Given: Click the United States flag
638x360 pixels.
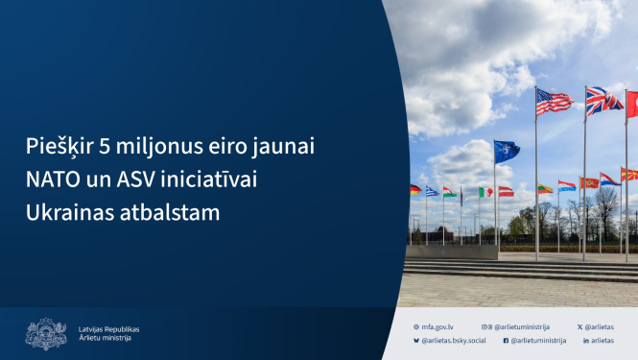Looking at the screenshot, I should [x=554, y=101].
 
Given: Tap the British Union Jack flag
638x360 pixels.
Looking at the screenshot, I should [x=603, y=100].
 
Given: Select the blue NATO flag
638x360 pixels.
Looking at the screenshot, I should [x=506, y=151].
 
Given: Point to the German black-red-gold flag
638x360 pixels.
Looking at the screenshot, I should [x=415, y=190].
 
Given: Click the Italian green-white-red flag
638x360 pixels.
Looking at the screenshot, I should [x=485, y=192].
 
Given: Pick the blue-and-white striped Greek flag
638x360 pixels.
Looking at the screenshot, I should [x=433, y=191].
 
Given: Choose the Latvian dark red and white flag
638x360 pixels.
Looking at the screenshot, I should [x=506, y=191].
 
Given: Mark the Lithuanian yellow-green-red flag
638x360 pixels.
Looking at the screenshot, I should [x=544, y=188].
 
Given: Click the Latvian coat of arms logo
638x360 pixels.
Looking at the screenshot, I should [x=45, y=333].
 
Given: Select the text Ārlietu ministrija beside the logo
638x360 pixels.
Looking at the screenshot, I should [x=106, y=338].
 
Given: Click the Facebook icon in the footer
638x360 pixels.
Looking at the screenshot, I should [x=506, y=340].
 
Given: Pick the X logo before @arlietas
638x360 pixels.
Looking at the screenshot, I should [x=581, y=326].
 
